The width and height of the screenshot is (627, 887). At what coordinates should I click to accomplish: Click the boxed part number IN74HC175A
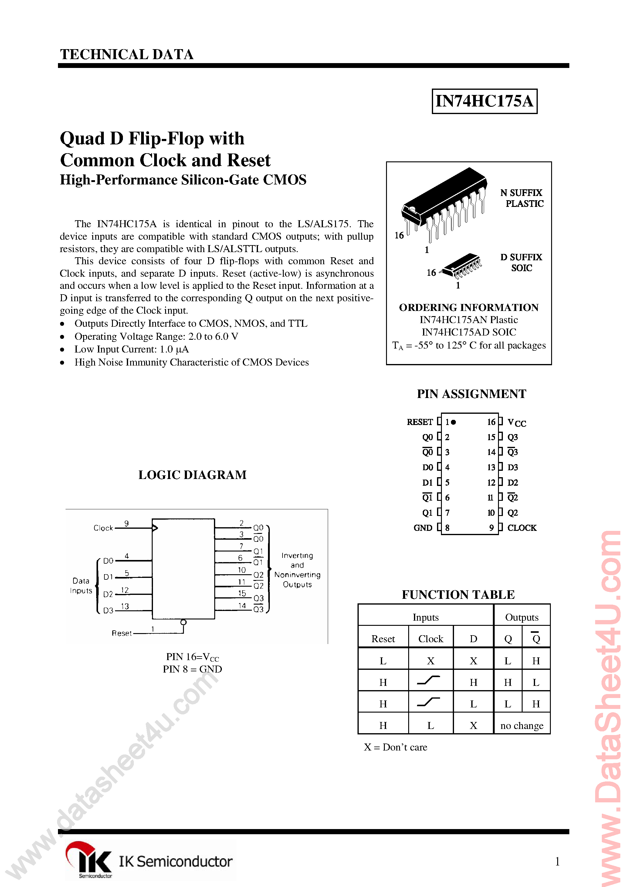point(484,101)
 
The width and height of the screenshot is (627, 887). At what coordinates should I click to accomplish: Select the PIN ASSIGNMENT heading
point(471,394)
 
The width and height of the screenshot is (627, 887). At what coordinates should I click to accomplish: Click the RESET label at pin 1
point(419,422)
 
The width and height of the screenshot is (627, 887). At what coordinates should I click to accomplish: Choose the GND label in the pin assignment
point(422,528)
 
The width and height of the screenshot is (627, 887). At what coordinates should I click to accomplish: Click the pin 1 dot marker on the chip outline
point(453,422)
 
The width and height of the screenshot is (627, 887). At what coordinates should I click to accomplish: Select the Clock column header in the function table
point(431,639)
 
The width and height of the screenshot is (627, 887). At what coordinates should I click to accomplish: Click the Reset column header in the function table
point(383,639)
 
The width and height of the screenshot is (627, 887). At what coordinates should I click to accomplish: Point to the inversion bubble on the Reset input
point(184,622)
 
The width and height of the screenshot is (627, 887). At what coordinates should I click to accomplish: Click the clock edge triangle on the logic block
point(155,528)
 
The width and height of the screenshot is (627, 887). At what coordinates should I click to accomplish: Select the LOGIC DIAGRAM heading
point(192,475)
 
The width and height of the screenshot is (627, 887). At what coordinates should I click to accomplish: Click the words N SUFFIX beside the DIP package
point(521,193)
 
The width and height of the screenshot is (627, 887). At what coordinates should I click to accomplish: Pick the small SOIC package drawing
point(462,265)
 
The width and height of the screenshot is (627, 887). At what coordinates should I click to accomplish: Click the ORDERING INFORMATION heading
point(469,308)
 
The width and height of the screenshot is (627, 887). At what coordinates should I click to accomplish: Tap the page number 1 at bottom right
point(557,861)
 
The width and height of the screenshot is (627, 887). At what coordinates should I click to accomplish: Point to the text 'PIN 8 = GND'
point(192,669)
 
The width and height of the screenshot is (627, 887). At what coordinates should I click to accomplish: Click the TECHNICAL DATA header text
point(127,55)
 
